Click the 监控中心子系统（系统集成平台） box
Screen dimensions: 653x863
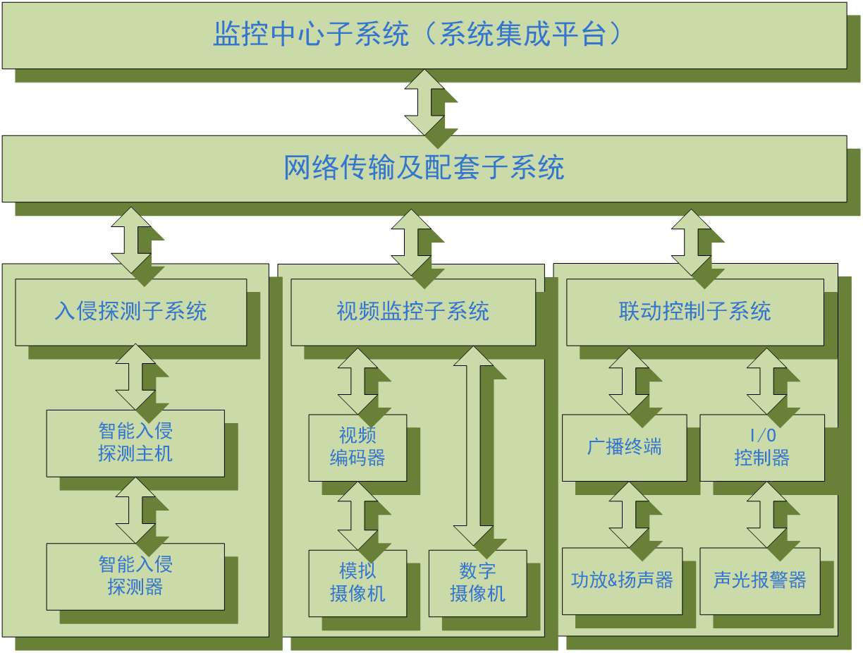(x=424, y=35)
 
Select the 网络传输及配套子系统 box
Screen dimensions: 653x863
(x=424, y=169)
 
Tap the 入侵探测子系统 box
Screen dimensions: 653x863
(x=131, y=312)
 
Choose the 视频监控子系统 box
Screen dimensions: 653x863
(x=413, y=312)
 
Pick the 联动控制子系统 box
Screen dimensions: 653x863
(x=695, y=312)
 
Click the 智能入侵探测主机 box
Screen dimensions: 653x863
(x=135, y=443)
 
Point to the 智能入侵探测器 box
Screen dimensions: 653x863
(x=135, y=576)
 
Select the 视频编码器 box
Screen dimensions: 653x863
(x=357, y=447)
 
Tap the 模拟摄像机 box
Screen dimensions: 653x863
(x=357, y=582)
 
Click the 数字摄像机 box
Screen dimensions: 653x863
(x=477, y=582)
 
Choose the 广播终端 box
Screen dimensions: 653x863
(x=624, y=447)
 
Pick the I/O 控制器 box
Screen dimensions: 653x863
(x=761, y=447)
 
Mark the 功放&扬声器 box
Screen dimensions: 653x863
(x=622, y=580)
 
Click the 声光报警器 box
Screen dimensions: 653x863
(x=759, y=580)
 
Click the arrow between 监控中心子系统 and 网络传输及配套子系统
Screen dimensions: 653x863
(x=424, y=102)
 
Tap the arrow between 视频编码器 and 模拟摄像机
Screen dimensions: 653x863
(x=357, y=515)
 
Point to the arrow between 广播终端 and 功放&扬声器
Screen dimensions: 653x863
(x=628, y=515)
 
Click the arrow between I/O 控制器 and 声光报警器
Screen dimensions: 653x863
(x=766, y=515)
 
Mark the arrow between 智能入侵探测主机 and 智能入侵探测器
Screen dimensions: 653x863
(x=135, y=510)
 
